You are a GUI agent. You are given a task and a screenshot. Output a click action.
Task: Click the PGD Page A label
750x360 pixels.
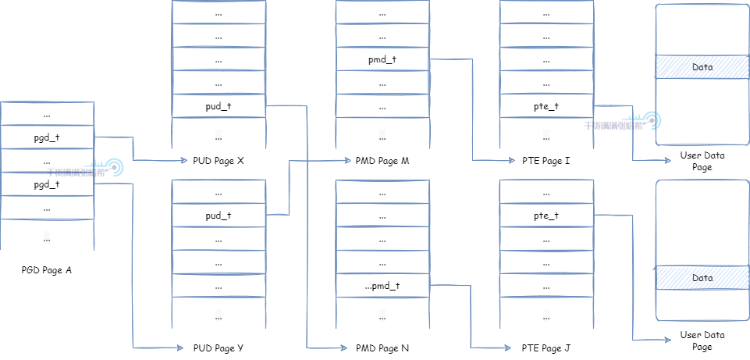[47, 270]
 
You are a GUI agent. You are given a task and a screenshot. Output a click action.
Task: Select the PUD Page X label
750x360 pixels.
[219, 161]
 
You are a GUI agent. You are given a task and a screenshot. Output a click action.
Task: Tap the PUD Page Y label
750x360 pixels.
[219, 348]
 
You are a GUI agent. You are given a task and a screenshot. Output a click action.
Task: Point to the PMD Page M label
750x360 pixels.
[382, 161]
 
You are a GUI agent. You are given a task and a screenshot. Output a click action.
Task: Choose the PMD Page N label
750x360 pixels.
[382, 348]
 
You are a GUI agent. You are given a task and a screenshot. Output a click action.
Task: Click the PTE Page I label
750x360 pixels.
[546, 161]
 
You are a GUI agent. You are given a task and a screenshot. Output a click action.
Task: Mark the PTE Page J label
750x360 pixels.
[546, 348]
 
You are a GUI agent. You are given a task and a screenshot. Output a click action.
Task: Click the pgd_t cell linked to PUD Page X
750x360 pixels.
[47, 138]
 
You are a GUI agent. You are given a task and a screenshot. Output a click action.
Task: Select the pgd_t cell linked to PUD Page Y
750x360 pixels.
[47, 185]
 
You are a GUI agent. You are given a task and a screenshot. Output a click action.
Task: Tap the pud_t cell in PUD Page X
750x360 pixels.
[219, 105]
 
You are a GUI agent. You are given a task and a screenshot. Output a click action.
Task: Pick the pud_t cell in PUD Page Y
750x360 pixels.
[219, 216]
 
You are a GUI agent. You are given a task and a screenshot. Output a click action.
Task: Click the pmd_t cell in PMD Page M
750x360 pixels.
[382, 59]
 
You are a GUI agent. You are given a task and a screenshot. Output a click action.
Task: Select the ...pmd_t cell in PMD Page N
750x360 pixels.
[382, 286]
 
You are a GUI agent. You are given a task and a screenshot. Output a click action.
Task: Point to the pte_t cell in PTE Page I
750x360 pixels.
[546, 106]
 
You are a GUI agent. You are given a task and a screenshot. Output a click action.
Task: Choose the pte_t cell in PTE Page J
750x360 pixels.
[546, 216]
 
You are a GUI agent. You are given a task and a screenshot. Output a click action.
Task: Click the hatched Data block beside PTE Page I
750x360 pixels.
[702, 67]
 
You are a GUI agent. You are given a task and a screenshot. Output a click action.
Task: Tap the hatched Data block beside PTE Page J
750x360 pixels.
[702, 278]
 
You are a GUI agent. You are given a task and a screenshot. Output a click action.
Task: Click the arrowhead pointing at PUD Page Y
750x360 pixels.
[185, 348]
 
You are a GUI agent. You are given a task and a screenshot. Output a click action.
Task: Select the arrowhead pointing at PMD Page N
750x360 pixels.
[347, 348]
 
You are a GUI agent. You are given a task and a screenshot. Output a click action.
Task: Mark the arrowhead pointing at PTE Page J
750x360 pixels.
[511, 348]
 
